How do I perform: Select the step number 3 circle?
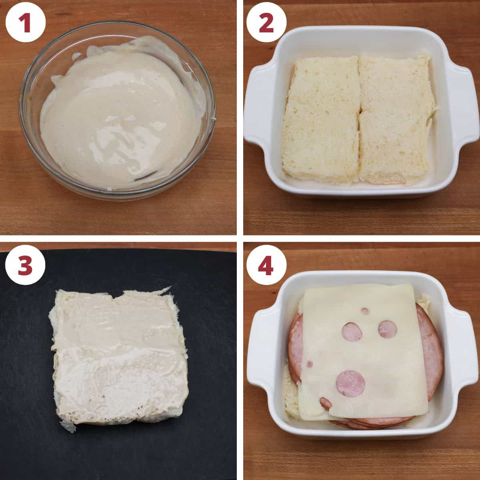(25, 265)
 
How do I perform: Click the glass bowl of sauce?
(118, 112)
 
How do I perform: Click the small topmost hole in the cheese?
(365, 310)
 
